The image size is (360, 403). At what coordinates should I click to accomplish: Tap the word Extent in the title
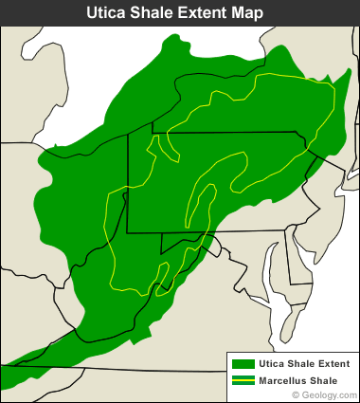[x=209, y=12]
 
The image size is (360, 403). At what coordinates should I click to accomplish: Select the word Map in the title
[x=261, y=12]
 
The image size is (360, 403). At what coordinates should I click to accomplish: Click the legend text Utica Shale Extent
[x=304, y=363]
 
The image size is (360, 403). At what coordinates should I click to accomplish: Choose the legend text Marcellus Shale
[x=299, y=379]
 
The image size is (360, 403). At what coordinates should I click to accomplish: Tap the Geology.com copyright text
[x=328, y=394]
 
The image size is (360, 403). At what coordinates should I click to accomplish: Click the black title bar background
[x=38, y=12]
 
